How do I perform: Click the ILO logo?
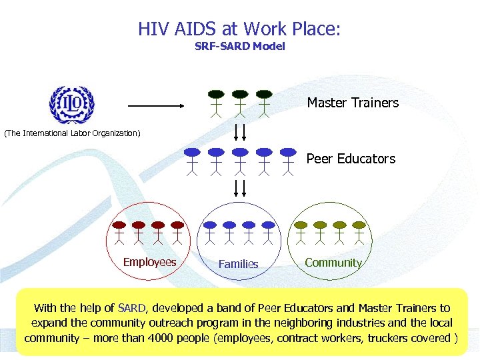(x=72, y=104)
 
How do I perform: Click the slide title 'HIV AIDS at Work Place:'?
(x=239, y=29)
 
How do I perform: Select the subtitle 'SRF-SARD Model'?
(x=239, y=47)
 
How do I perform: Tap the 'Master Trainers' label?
(x=353, y=103)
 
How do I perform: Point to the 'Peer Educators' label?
(x=351, y=159)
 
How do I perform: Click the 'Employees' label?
(x=149, y=262)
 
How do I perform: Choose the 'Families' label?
(x=238, y=264)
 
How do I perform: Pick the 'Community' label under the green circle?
(x=333, y=263)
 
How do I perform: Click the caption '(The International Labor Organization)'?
(x=72, y=133)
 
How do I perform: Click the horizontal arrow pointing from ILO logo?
(x=156, y=105)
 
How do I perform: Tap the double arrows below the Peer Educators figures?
(x=240, y=189)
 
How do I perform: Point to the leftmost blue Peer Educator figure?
(x=192, y=160)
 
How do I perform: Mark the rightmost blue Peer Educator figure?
(x=287, y=160)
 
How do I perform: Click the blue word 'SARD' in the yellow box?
(x=131, y=308)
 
